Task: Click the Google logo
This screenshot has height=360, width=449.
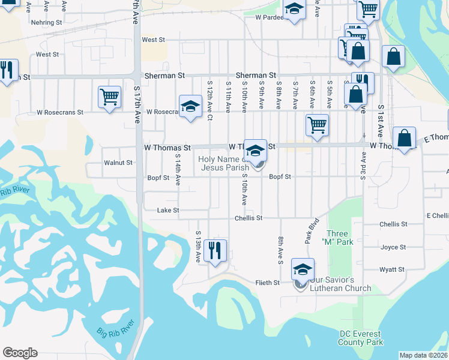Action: [20, 353]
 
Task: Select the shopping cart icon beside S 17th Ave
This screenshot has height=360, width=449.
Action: [109, 97]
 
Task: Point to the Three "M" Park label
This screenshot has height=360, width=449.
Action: [337, 238]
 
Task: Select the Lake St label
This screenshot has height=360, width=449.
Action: [168, 211]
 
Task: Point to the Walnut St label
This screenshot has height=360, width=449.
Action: [118, 163]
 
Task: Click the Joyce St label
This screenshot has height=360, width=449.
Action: [393, 247]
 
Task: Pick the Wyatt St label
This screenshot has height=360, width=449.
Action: [392, 270]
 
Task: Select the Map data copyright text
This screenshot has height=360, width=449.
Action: [423, 355]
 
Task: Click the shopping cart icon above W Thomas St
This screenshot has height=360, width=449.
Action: [317, 126]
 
